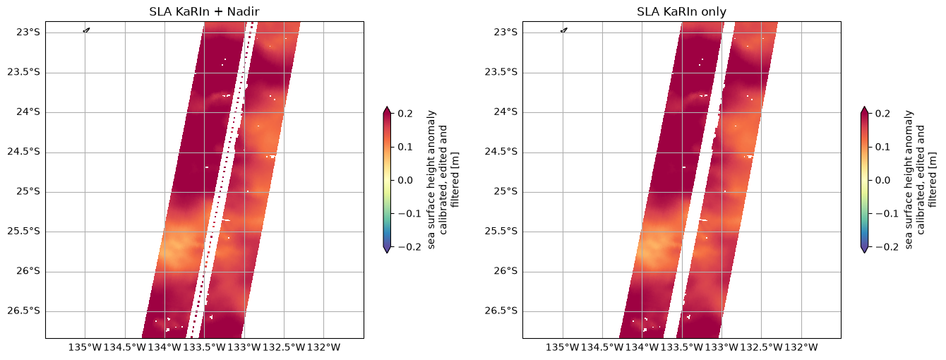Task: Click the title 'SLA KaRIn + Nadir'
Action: (x=204, y=11)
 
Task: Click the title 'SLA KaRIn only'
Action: (x=681, y=11)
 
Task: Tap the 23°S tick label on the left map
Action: (x=28, y=32)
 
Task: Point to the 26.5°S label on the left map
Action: (x=24, y=311)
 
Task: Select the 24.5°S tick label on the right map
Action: (x=501, y=152)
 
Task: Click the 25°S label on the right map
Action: (x=505, y=191)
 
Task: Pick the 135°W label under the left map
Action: (x=85, y=347)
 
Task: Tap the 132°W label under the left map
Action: (x=323, y=347)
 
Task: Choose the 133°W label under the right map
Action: (x=722, y=347)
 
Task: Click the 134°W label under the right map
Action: (x=642, y=347)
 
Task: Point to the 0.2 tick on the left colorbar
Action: (x=405, y=114)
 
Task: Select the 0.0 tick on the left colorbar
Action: (x=405, y=180)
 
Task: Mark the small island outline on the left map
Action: (x=87, y=30)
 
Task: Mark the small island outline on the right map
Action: (x=564, y=30)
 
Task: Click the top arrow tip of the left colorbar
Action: (x=387, y=107)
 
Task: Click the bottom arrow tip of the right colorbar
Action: (x=864, y=253)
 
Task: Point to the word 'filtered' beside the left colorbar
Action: (x=455, y=179)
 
